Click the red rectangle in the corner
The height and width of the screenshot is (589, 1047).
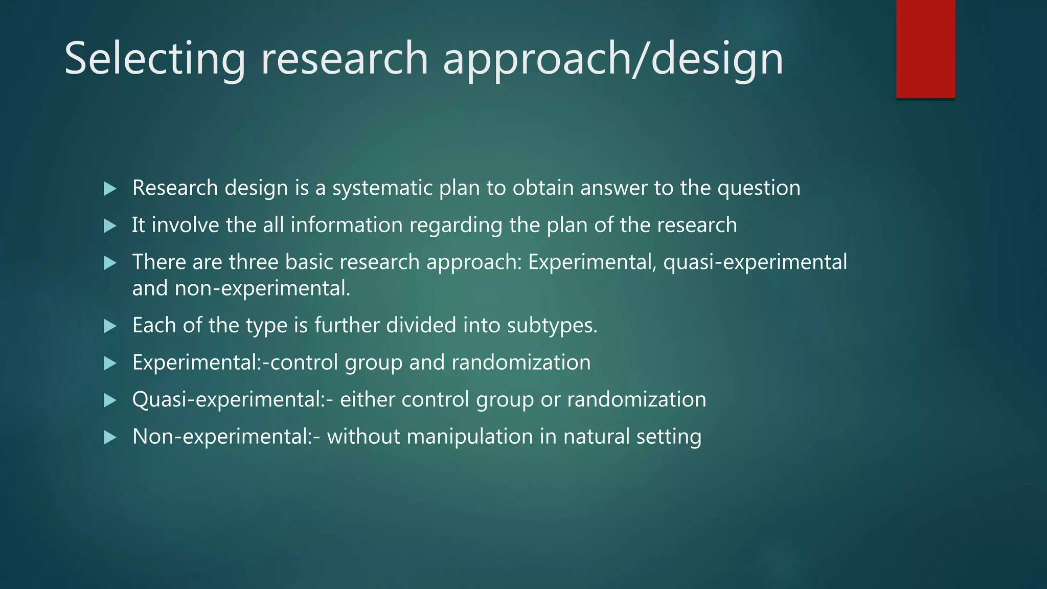(x=925, y=49)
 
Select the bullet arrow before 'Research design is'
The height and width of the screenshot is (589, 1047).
(x=110, y=189)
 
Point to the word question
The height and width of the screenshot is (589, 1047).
(x=759, y=188)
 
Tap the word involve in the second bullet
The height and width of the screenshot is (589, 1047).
(x=185, y=225)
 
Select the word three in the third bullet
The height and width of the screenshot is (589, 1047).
(x=253, y=262)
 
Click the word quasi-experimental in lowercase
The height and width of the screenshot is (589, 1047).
(x=755, y=262)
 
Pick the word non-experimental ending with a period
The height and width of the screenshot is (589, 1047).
(x=262, y=289)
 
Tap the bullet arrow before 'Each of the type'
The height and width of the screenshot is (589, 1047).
(x=110, y=326)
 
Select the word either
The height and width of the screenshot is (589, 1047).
(x=367, y=400)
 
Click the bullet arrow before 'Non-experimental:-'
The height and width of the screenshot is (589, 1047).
(x=110, y=438)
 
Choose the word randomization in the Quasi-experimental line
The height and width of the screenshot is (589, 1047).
(x=636, y=400)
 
